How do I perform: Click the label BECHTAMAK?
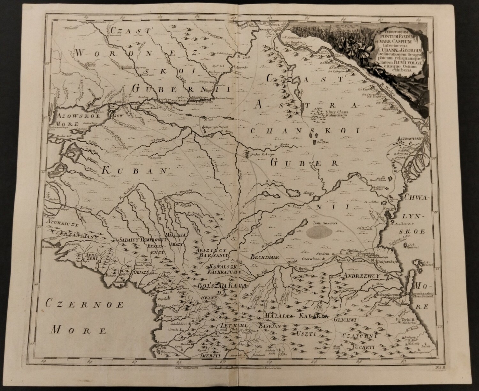[x=265, y=257]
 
